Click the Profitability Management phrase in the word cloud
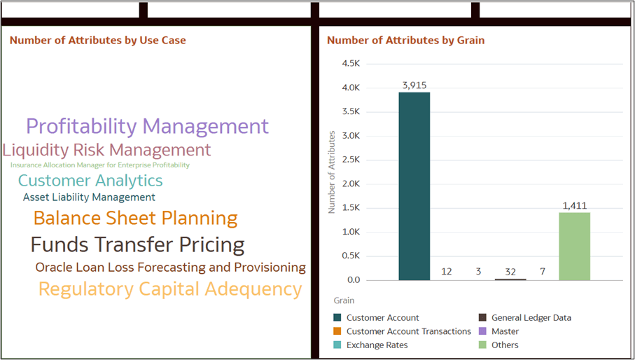(x=147, y=127)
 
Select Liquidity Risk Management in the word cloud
(x=106, y=150)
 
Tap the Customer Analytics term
(x=90, y=181)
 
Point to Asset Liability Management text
(x=89, y=198)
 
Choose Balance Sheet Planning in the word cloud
(x=135, y=219)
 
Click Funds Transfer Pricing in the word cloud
(x=137, y=245)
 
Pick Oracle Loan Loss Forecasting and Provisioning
(x=170, y=268)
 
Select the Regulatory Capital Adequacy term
(x=170, y=289)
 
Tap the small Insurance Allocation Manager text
(x=99, y=165)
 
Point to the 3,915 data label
(x=414, y=85)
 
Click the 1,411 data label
(x=575, y=205)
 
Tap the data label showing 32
(x=510, y=271)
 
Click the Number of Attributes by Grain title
(x=405, y=41)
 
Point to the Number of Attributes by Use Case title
(x=98, y=41)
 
